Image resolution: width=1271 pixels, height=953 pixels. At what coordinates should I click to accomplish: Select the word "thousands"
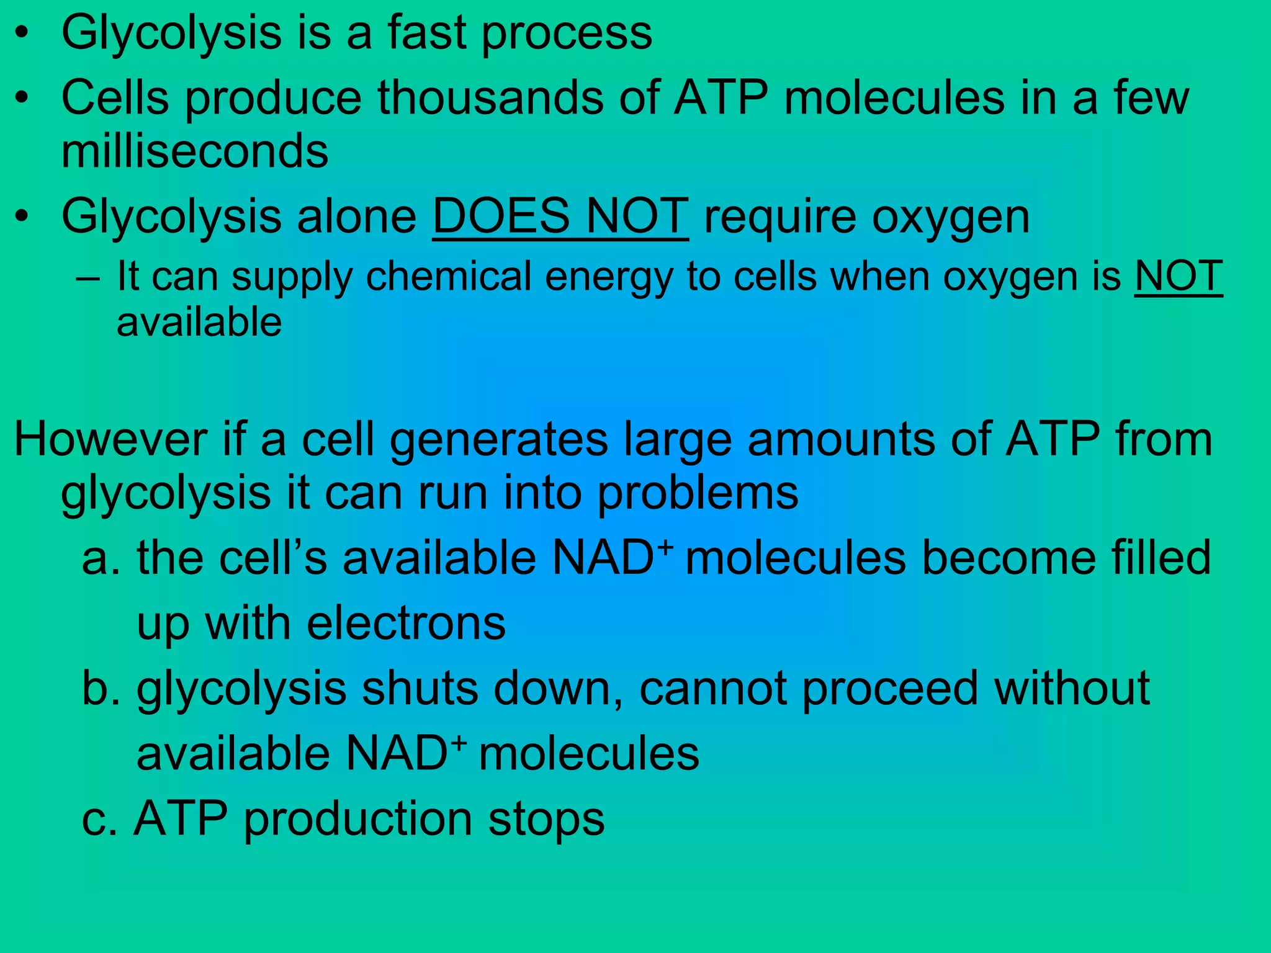point(490,98)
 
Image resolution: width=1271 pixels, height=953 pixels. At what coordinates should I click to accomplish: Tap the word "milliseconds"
point(195,151)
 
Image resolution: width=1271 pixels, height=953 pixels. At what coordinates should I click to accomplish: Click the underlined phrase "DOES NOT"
point(560,217)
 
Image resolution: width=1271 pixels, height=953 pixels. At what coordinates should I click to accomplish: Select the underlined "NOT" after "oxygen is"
point(1178,276)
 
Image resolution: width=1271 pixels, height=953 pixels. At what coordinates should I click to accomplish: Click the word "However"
point(110,439)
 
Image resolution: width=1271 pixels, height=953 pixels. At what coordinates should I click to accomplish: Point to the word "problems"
point(698,494)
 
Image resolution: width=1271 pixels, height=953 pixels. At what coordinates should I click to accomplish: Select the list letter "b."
point(101,689)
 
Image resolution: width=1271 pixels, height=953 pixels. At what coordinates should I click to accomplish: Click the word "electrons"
point(406,624)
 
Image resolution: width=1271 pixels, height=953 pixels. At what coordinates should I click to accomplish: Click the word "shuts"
point(420,689)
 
